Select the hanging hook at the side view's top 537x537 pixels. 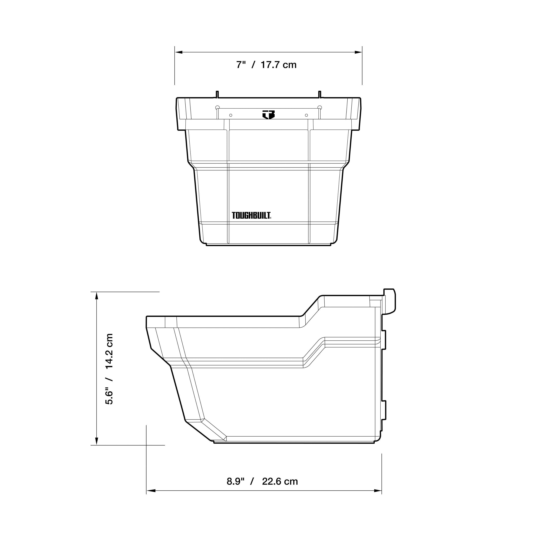pyautogui.click(x=391, y=300)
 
